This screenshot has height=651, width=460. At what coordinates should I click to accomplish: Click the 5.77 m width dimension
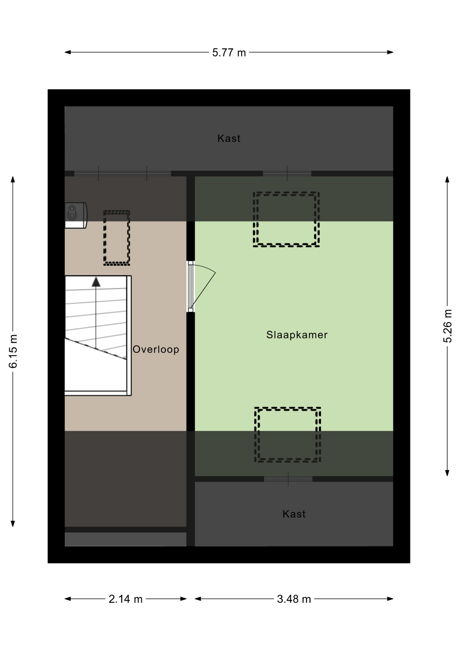click(x=229, y=53)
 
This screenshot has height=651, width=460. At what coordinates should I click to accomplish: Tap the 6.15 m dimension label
click(x=13, y=351)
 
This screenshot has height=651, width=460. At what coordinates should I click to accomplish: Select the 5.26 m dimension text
click(x=447, y=326)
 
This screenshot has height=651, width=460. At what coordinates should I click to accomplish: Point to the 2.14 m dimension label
click(x=125, y=599)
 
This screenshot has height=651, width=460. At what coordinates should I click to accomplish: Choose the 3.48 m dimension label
click(x=294, y=599)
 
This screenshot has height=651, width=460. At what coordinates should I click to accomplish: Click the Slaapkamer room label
click(x=297, y=335)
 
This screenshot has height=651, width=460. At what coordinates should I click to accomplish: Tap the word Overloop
click(x=156, y=349)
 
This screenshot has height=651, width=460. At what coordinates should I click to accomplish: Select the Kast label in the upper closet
click(x=229, y=138)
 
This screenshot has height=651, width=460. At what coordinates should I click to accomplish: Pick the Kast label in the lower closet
click(x=294, y=514)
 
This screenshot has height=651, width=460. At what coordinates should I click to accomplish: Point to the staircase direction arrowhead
click(x=96, y=282)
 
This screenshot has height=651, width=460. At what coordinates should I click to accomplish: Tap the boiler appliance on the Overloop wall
click(x=76, y=215)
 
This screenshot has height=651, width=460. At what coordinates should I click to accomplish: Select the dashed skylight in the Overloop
click(x=117, y=238)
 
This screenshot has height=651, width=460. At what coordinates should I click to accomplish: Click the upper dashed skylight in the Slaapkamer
click(x=286, y=219)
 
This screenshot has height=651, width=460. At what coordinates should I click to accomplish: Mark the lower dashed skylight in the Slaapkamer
click(x=288, y=435)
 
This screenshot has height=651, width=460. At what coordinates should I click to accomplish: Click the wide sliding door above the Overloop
click(x=123, y=174)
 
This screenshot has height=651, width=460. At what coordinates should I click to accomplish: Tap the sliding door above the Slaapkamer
click(x=287, y=174)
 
